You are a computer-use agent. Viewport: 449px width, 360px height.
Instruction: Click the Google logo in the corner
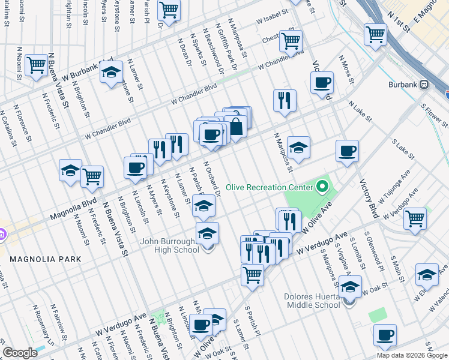(x=20, y=353)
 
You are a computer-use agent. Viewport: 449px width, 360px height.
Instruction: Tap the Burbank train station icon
(x=424, y=85)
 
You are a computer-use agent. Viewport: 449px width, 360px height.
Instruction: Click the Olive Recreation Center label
(x=270, y=188)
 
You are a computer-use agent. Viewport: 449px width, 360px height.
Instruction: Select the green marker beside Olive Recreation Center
(x=322, y=188)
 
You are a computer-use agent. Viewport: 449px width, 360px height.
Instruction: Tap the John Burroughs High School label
(x=169, y=247)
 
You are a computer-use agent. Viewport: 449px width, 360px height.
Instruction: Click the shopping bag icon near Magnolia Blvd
(x=237, y=127)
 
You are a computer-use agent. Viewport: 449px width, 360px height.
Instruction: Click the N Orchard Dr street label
(x=214, y=178)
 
